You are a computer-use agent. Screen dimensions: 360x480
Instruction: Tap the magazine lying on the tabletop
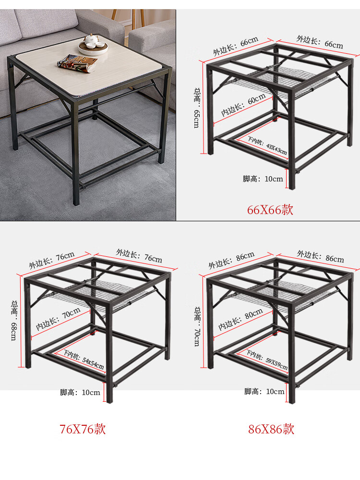[77, 63]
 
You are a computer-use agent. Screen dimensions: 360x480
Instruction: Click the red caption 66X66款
[270, 210]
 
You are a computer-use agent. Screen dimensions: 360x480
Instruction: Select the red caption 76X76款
[83, 429]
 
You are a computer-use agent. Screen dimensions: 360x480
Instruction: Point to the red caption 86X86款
[271, 429]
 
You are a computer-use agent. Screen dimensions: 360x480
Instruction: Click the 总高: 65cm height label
[197, 108]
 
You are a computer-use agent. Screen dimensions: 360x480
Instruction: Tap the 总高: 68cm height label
[14, 321]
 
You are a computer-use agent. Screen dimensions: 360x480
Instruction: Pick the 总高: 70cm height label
[197, 326]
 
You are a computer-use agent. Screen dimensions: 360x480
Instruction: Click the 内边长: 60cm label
[243, 105]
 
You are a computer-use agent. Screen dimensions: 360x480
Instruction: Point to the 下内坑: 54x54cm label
[83, 360]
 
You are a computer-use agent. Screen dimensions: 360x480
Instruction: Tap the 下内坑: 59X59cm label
[267, 360]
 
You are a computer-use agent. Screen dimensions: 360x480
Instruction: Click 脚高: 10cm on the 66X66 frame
[263, 179]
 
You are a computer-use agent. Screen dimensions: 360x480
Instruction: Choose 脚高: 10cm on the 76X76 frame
[80, 393]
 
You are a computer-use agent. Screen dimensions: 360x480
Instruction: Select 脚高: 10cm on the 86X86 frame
[264, 392]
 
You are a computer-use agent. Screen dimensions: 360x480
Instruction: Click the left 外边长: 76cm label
[52, 260]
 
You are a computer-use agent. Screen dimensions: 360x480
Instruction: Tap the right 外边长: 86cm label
[320, 256]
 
